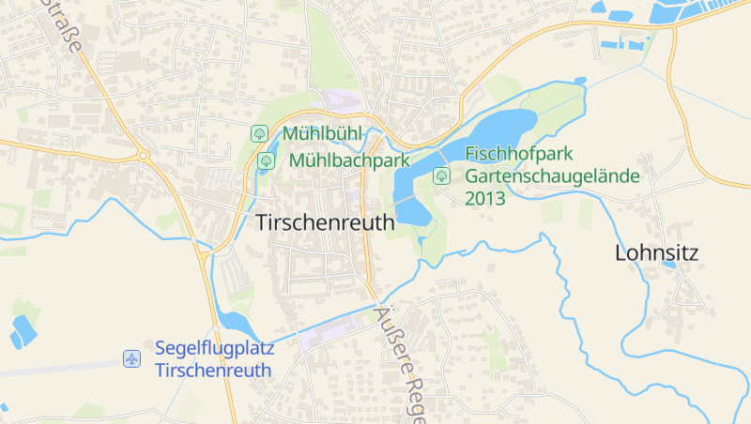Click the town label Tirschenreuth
[325, 221]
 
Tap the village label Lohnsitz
[657, 252]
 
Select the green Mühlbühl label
[321, 134]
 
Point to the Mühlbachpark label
[349, 160]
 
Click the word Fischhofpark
[518, 154]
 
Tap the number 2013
[485, 198]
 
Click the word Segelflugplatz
[214, 348]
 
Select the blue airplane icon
[132, 358]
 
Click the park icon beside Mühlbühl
[259, 134]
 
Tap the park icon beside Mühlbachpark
[266, 160]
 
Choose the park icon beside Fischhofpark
[440, 175]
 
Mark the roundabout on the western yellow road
[143, 156]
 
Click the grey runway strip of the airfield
[56, 369]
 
